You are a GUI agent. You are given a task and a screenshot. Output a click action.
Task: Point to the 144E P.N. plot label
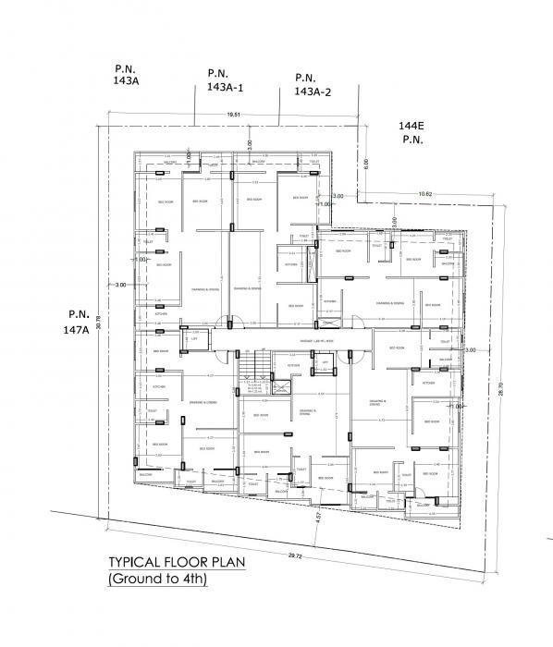click(412, 130)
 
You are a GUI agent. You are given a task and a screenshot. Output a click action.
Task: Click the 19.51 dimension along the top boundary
click(234, 116)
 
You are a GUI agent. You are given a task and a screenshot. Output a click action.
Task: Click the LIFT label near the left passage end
click(194, 338)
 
